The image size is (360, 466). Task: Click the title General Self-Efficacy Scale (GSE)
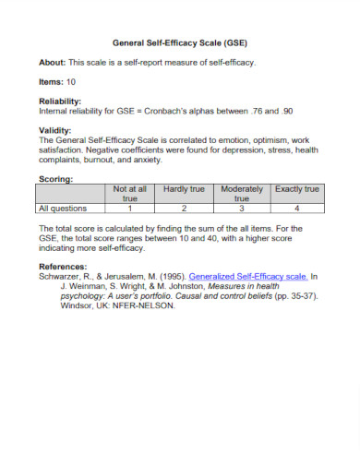[179, 42]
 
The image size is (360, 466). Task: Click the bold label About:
[54, 62]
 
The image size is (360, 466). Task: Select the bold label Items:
[52, 82]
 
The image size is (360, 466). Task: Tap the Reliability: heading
[60, 101]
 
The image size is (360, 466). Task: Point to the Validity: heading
[54, 130]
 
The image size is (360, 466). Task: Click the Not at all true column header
[130, 193]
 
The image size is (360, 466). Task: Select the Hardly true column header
[184, 189]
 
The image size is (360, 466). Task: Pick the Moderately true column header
[242, 193]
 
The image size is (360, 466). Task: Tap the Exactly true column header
[297, 189]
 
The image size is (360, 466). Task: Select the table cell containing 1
[130, 209]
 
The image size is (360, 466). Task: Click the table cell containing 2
[184, 209]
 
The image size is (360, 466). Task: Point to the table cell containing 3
[242, 209]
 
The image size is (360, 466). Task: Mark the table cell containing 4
[297, 209]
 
